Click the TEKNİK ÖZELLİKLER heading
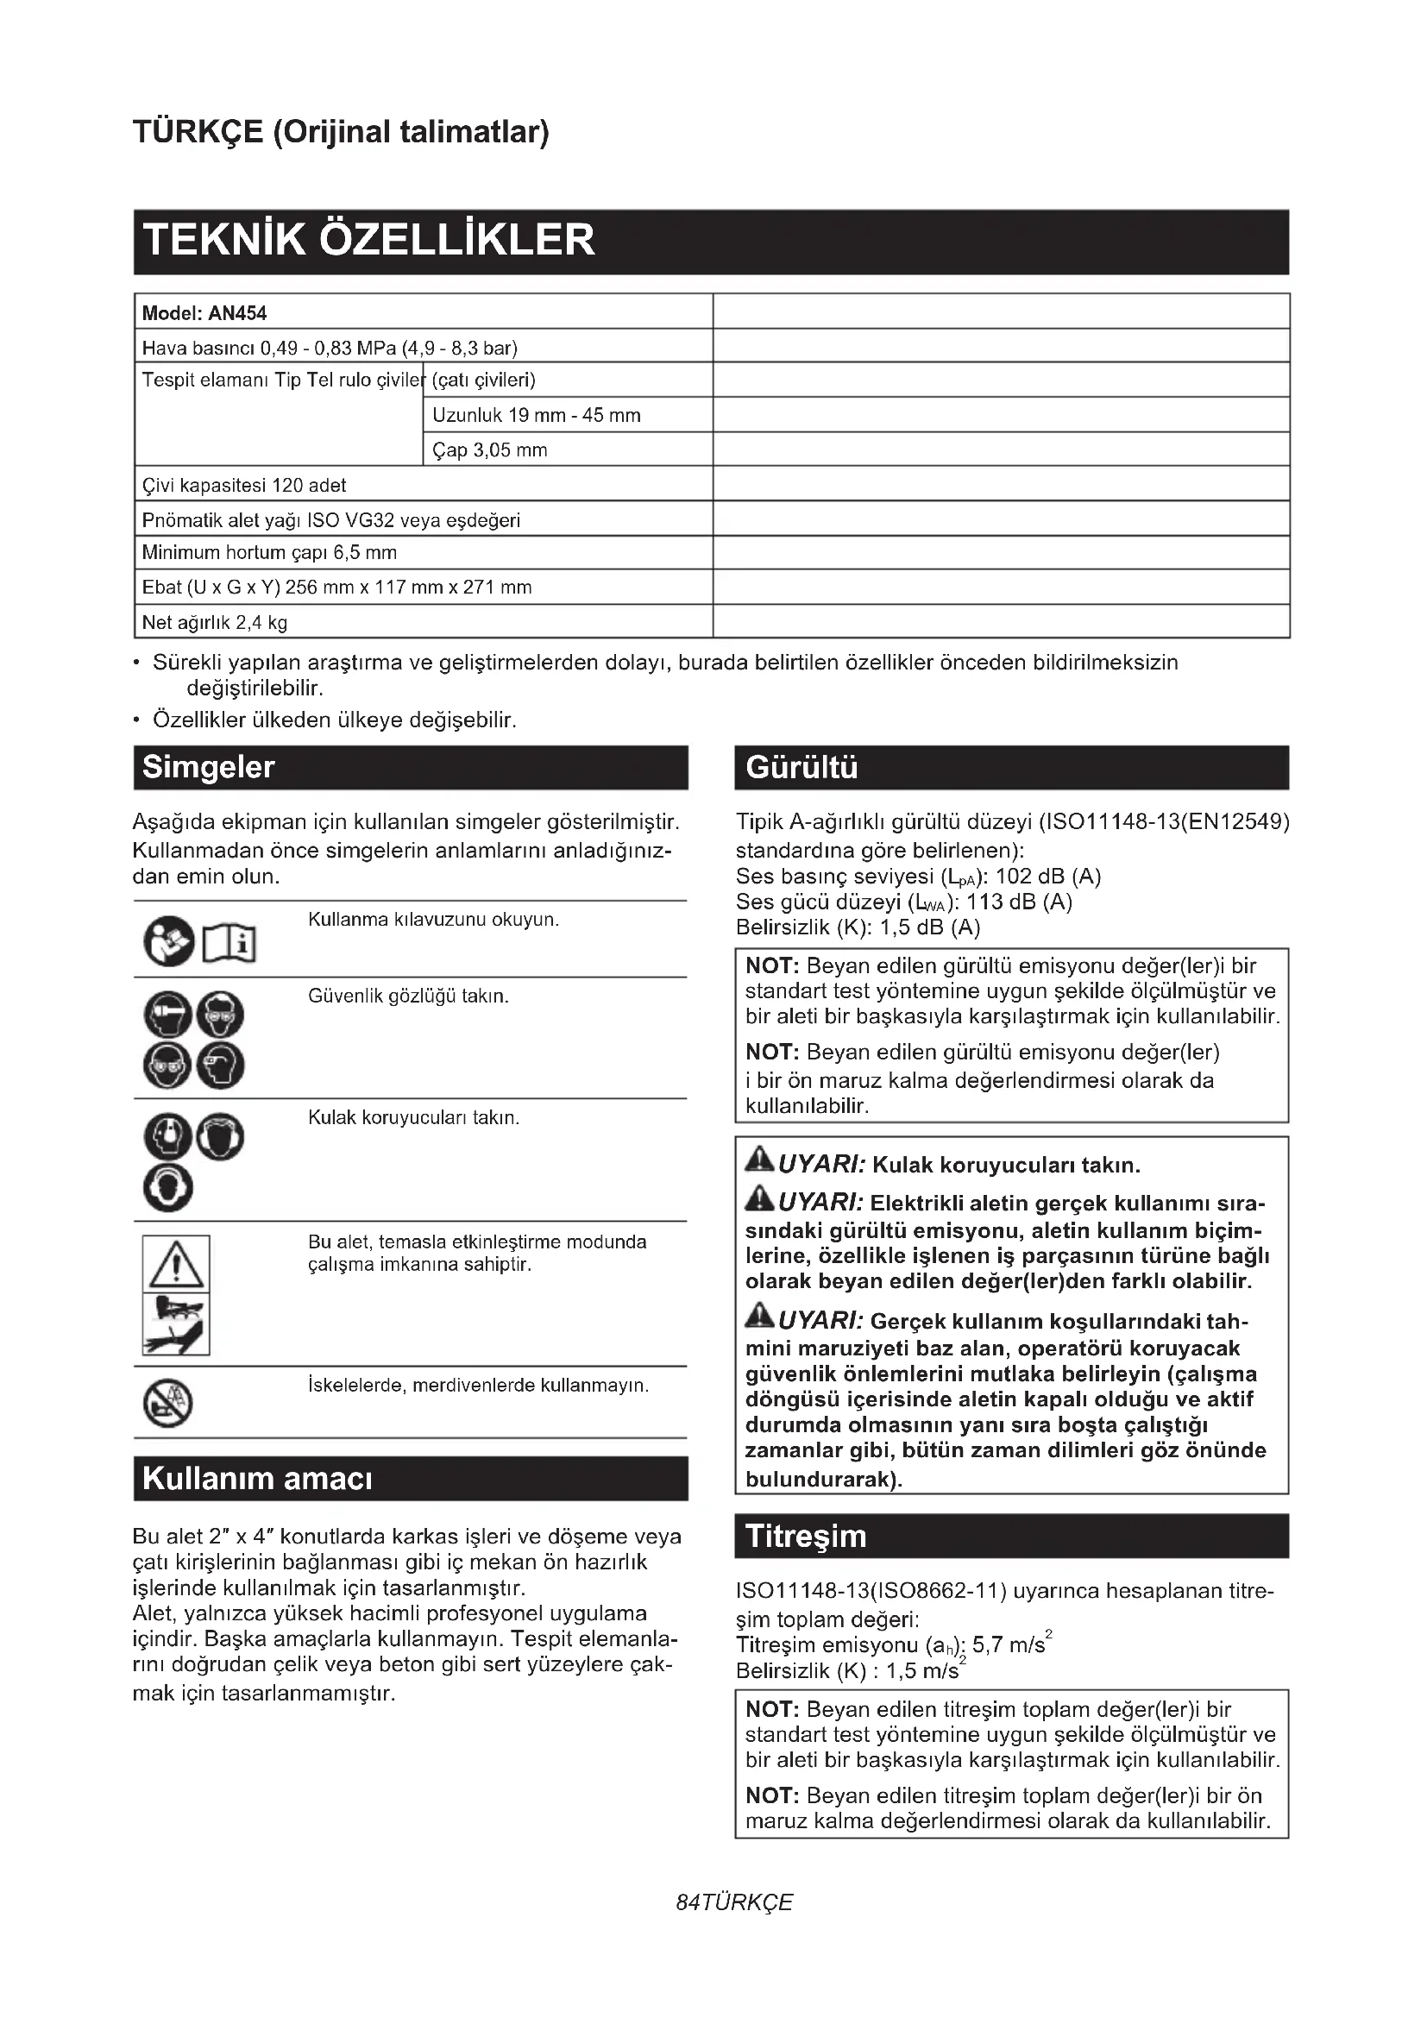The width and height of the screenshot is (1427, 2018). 369,240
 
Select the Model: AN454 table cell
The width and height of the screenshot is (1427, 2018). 204,313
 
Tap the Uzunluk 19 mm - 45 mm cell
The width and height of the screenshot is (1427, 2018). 536,415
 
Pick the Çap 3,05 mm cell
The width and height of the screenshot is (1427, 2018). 489,450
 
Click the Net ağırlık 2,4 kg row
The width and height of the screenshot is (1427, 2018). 216,622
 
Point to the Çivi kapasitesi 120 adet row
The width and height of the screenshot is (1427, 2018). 244,485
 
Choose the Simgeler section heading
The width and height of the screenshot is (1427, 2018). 209,767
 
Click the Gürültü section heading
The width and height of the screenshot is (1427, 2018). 801,767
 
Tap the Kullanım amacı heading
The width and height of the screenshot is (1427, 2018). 257,1479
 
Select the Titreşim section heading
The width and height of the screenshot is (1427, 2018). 806,1537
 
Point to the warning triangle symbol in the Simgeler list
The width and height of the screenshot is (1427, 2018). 176,1263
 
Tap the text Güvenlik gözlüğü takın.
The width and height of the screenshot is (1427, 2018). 409,996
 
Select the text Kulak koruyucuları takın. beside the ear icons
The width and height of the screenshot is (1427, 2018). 414,1117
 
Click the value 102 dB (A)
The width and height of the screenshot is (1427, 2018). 1047,877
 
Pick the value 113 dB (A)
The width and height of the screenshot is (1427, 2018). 1019,902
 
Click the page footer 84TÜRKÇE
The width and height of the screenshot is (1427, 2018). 734,1902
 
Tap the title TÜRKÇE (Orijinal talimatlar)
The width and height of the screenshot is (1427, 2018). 341,132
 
